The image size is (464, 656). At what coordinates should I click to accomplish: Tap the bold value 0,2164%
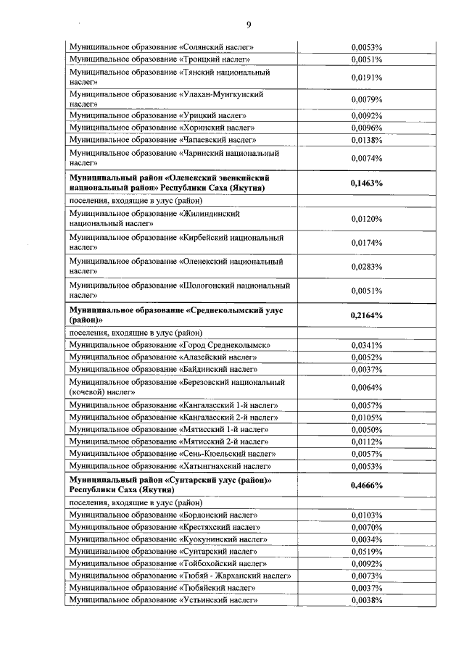(366, 315)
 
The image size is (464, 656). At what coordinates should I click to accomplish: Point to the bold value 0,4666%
(366, 485)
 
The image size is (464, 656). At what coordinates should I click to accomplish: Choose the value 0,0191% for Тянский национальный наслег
(366, 77)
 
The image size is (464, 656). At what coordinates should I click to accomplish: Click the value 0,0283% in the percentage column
(366, 267)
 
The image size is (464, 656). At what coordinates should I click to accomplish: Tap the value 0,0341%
(366, 345)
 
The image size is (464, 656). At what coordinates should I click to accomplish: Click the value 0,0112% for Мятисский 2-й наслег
(366, 441)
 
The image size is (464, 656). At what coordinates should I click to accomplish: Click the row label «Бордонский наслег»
(162, 515)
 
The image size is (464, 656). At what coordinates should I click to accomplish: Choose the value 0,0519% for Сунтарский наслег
(366, 551)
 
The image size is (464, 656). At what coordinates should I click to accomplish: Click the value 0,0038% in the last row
(366, 599)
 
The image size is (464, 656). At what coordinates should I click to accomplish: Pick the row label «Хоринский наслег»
(161, 127)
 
